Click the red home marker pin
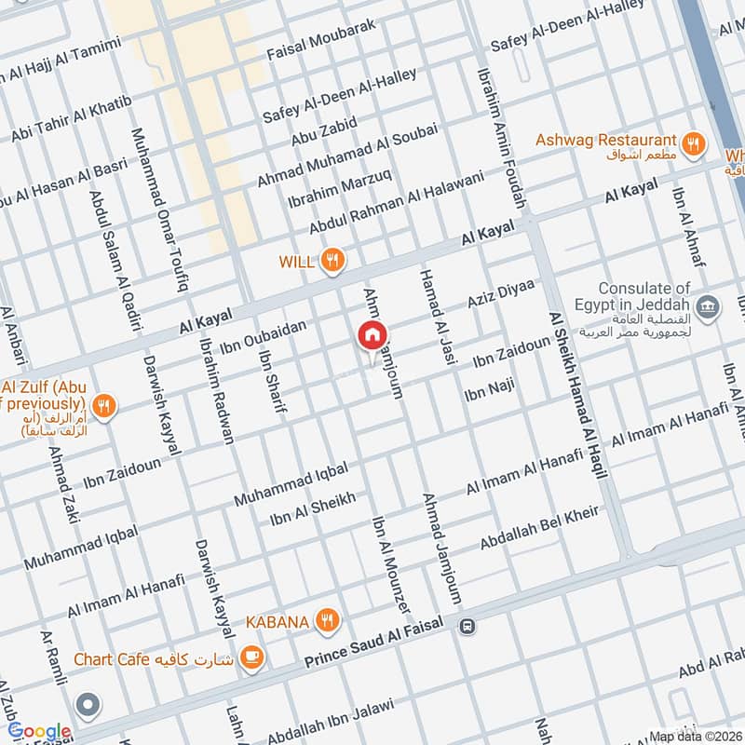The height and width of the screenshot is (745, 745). (372, 336)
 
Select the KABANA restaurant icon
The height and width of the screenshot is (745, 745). (326, 621)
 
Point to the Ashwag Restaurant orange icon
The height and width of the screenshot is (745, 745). (691, 142)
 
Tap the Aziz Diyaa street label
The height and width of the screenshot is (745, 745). (501, 294)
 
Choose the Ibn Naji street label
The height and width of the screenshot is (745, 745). (488, 390)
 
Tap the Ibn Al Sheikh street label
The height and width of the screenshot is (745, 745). (312, 508)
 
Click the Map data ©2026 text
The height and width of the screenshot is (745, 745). (696, 735)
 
